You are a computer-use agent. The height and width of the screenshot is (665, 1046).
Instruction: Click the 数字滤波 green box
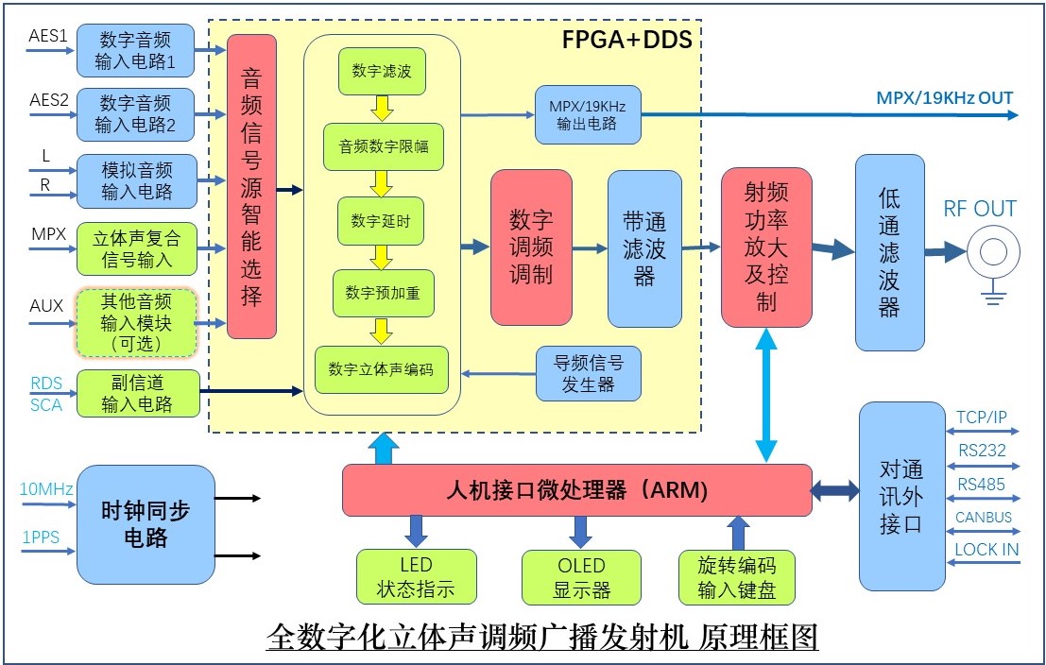coord(381,72)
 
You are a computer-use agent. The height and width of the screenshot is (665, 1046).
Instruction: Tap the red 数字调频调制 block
coord(531,247)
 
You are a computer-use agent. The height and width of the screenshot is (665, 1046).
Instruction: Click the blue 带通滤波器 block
coord(643,247)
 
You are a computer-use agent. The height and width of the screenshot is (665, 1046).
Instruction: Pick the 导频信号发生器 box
coord(588,373)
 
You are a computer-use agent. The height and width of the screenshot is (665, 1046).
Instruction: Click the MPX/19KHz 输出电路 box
coord(588,114)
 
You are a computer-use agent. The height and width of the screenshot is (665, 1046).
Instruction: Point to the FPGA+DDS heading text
coord(626,39)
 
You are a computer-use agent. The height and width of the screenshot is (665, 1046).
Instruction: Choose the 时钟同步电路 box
coord(146,524)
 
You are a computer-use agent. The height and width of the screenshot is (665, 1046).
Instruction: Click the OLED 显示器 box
coord(581,577)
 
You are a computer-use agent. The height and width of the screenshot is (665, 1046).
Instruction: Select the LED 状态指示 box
coord(416,577)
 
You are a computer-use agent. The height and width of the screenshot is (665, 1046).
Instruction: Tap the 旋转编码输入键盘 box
coord(737,577)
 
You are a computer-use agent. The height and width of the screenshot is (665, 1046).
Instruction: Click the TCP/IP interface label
coord(983,417)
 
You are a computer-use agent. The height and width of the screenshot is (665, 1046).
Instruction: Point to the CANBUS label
coord(983,517)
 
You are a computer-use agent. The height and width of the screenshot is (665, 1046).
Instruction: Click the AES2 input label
coord(49,99)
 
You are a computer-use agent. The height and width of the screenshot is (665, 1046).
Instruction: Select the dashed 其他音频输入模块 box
coord(136,323)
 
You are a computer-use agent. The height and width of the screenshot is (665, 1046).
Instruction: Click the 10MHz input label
coord(45,489)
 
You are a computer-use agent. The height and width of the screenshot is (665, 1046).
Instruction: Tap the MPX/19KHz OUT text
coord(944,98)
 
